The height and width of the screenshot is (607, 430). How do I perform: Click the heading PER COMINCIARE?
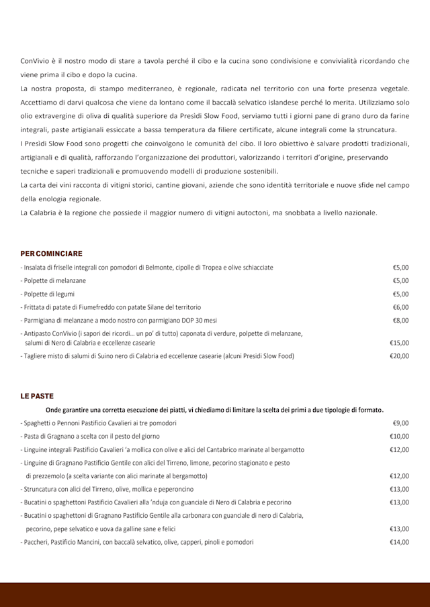point(52,254)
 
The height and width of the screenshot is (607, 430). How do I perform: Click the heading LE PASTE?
point(37,396)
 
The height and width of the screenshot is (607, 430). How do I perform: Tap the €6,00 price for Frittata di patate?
point(400,307)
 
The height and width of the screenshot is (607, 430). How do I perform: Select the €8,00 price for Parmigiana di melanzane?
point(400,321)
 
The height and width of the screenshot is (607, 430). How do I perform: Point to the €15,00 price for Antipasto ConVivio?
point(399,343)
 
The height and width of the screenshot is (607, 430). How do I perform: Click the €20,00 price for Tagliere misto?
point(399,356)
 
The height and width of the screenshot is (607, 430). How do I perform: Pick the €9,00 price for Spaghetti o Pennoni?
point(400,423)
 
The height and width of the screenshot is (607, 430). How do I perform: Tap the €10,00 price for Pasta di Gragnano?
point(399,437)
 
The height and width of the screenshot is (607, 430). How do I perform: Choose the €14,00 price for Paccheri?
point(399,542)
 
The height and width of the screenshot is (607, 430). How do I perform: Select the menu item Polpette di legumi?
point(49,294)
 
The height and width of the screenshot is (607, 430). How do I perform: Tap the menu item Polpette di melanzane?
point(54,280)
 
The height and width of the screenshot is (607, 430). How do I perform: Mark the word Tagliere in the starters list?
point(36,356)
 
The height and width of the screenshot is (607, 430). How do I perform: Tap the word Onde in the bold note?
point(54,410)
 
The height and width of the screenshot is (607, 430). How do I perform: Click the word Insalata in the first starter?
point(36,268)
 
